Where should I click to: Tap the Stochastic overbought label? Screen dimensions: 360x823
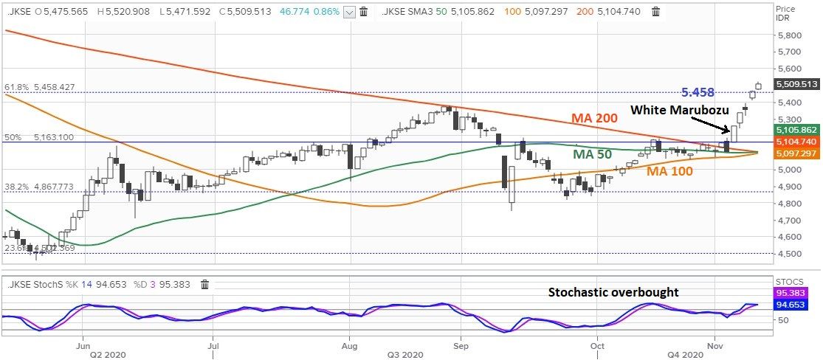pyautogui.click(x=613, y=292)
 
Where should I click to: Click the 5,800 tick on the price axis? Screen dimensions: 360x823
pyautogui.click(x=789, y=35)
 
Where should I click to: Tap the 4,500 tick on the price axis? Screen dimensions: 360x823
pyautogui.click(x=789, y=255)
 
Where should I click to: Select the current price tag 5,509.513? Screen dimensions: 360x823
pyautogui.click(x=794, y=84)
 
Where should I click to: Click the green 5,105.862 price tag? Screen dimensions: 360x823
pyautogui.click(x=794, y=129)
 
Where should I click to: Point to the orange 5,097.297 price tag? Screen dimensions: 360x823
pyautogui.click(x=794, y=153)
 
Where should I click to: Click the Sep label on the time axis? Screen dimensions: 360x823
pyautogui.click(x=461, y=345)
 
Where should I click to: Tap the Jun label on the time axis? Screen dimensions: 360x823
pyautogui.click(x=83, y=345)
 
